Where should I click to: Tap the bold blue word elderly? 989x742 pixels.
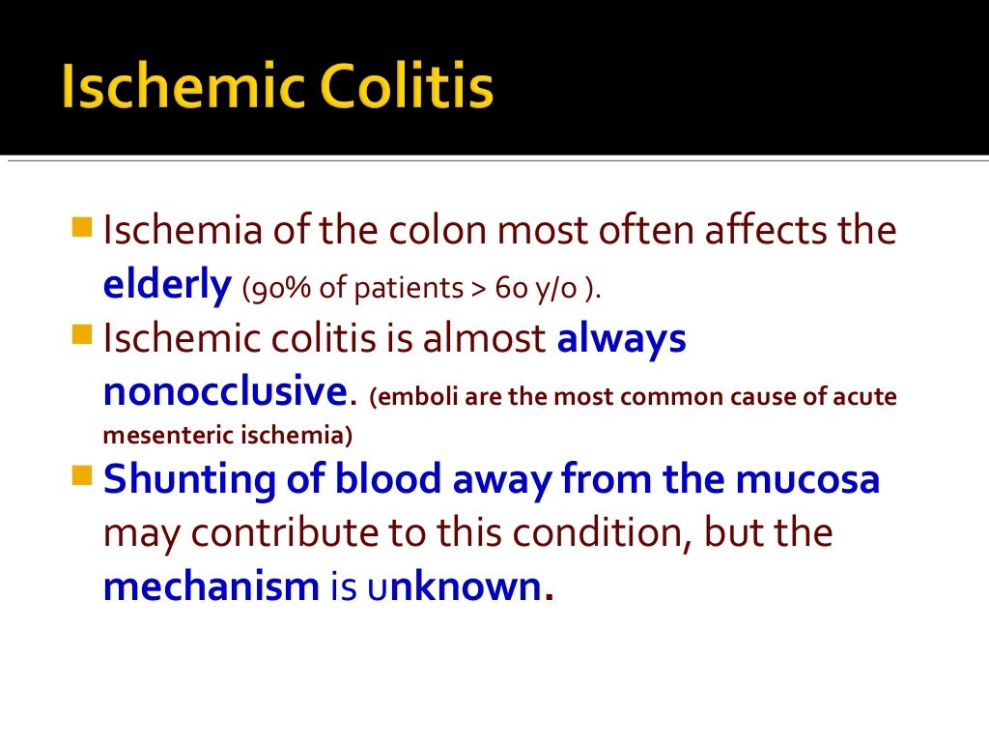(x=167, y=286)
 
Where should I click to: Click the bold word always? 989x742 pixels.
(x=622, y=340)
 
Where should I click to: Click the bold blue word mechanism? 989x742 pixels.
(x=211, y=586)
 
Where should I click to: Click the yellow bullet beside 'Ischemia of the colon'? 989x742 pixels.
(x=82, y=229)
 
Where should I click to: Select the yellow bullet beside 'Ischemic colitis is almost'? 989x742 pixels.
(x=82, y=337)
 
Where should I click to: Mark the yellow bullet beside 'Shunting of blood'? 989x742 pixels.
(x=82, y=476)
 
